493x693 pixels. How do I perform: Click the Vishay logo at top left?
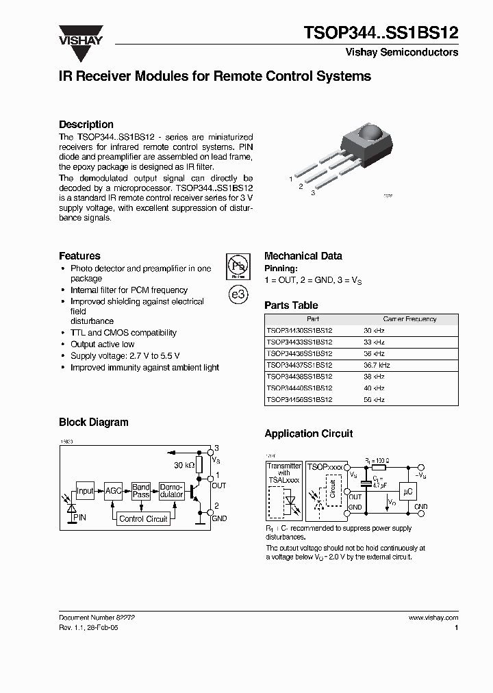point(80,35)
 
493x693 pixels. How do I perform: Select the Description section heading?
point(86,125)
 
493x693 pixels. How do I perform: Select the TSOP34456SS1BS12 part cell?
point(299,399)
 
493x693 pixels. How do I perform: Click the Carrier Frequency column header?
point(409,319)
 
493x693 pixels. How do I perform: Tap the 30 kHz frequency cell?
point(374,330)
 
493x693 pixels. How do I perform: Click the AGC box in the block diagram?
point(113,490)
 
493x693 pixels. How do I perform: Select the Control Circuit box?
point(143,518)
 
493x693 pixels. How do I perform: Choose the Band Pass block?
point(141,490)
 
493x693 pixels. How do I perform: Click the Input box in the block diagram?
point(85,490)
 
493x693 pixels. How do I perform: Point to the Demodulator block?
point(170,490)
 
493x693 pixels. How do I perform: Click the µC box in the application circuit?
point(409,491)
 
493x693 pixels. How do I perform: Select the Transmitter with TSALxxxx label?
point(283,473)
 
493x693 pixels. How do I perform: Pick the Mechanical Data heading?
point(303,256)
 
